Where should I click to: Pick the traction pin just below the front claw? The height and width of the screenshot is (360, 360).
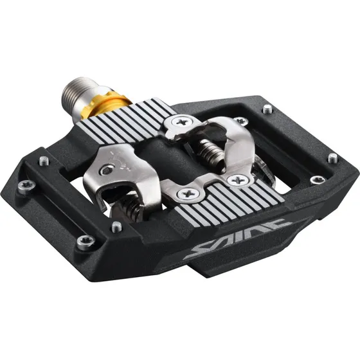116,226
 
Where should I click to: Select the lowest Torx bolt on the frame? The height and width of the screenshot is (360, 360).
84,242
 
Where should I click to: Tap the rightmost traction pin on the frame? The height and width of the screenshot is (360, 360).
331,157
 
